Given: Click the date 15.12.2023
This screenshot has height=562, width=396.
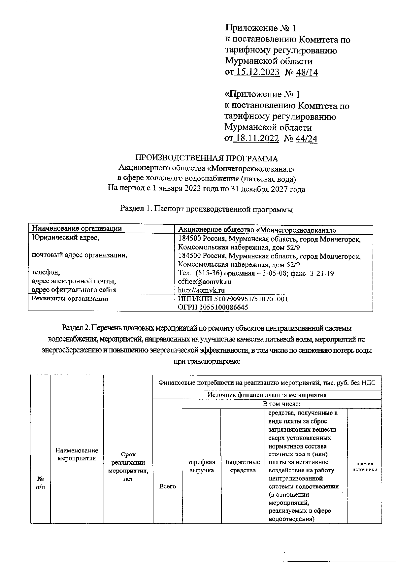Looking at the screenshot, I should point(257,72).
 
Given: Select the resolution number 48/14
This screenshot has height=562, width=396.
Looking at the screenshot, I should point(307,72).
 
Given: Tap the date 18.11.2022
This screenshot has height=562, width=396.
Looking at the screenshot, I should point(257,138).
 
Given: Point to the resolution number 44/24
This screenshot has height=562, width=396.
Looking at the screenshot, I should point(307,138).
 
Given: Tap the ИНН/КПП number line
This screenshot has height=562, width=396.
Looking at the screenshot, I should point(233,299).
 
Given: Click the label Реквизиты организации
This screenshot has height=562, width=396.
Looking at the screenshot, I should point(70,299).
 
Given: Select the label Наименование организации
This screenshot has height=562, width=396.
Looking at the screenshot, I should point(77,229).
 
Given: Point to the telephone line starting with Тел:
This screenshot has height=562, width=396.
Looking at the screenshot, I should point(255,273).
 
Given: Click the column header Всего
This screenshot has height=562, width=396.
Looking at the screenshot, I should point(167,486).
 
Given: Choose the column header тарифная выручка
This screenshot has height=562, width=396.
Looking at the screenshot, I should point(201,466).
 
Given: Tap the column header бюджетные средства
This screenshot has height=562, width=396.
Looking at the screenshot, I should point(243,466).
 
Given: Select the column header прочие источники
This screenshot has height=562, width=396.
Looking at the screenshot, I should point(365,466).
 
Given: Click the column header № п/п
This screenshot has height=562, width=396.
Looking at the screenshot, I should point(40,482).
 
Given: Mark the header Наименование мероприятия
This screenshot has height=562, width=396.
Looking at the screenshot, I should point(77,454).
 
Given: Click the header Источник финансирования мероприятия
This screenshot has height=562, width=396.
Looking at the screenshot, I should point(267,395).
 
